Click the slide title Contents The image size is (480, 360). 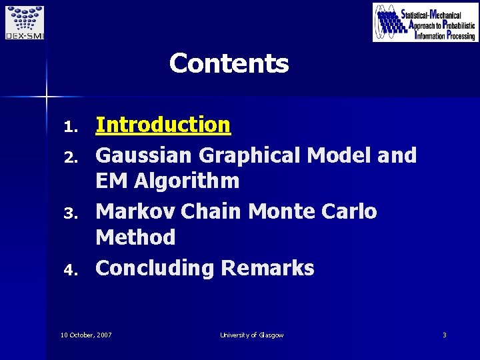click(x=229, y=64)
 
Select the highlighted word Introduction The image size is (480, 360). click(x=163, y=125)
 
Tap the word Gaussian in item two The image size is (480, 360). click(x=143, y=155)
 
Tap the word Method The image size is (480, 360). click(x=135, y=237)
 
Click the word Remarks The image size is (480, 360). click(x=267, y=268)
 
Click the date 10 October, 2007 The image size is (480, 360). click(x=86, y=335)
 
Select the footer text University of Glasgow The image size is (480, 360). click(x=252, y=335)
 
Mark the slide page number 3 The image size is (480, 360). click(x=444, y=335)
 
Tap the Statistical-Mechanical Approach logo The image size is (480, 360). click(x=425, y=23)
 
